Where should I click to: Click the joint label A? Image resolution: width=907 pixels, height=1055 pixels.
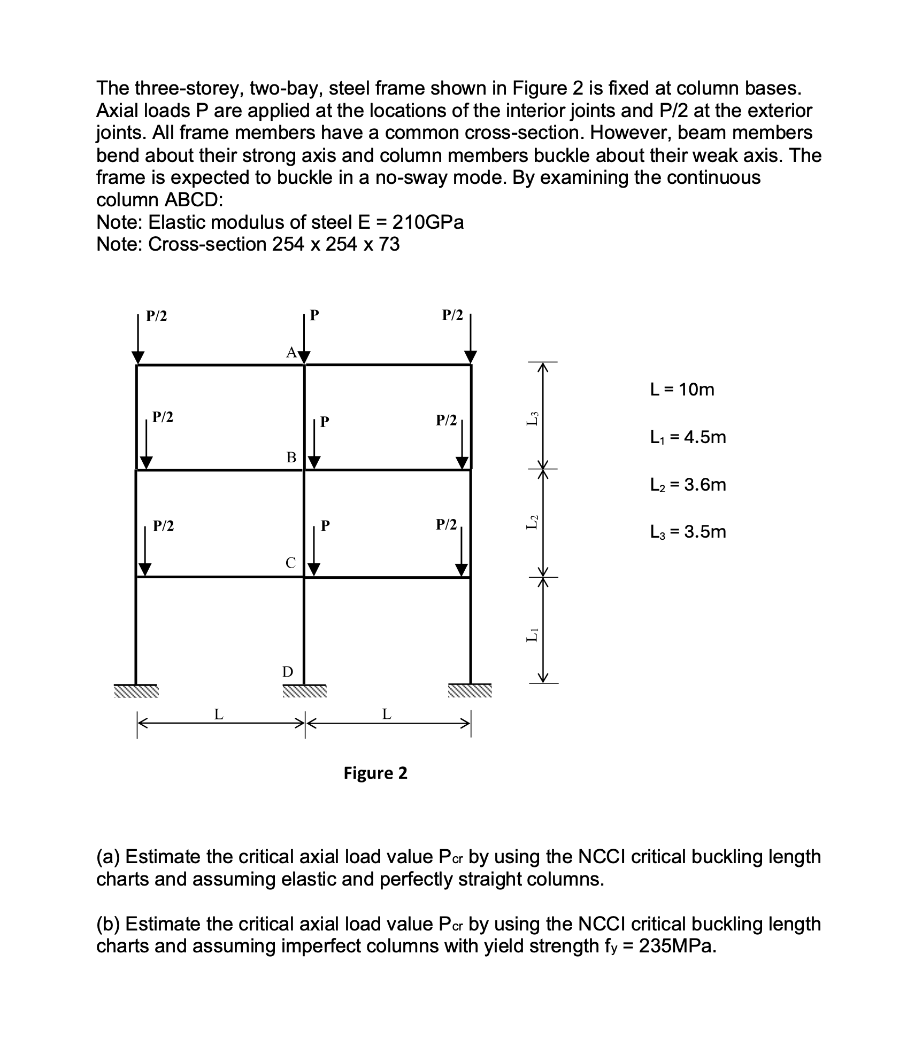[x=291, y=352]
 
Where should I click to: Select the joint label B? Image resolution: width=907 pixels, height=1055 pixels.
[x=291, y=457]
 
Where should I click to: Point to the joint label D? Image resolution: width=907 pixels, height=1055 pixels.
[x=288, y=672]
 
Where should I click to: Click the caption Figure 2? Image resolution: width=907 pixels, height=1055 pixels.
[x=375, y=773]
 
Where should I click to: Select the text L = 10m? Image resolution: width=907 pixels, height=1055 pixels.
[x=682, y=390]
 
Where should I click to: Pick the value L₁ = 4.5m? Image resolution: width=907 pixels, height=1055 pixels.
[x=688, y=437]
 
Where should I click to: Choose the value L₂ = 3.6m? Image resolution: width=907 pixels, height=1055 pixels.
[x=688, y=485]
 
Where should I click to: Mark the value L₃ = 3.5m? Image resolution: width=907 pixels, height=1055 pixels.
[x=688, y=532]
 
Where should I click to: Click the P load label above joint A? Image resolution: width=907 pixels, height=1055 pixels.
[x=314, y=315]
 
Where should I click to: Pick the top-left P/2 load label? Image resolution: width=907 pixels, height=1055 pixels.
[x=157, y=316]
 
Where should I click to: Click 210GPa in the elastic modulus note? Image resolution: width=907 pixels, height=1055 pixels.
[x=428, y=222]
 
